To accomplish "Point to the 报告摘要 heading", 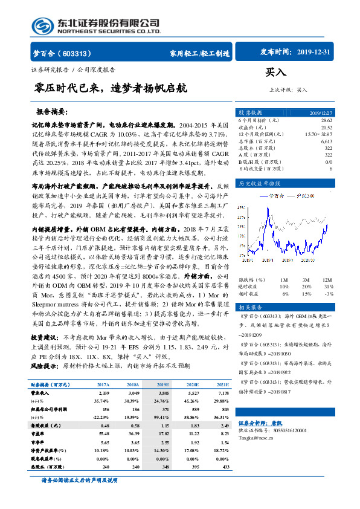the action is (53, 112).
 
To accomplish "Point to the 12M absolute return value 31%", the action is (327, 287).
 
